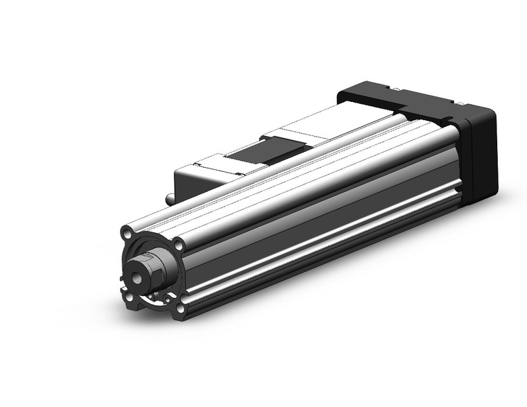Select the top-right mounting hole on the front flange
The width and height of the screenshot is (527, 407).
coord(180,244)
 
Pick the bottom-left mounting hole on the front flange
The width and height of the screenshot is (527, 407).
coord(128,299)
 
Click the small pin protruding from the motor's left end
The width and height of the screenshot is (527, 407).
coord(170,198)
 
